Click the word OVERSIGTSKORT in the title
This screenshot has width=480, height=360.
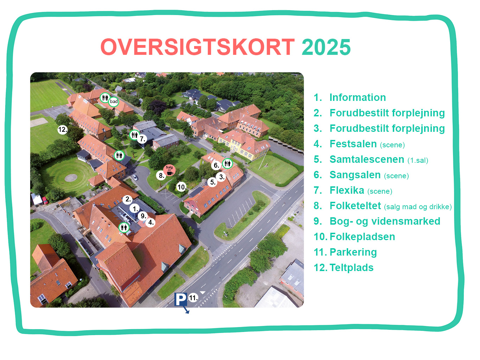pyautogui.click(x=198, y=47)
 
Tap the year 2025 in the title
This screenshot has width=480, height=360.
pyautogui.click(x=326, y=47)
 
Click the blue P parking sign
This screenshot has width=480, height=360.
pyautogui.click(x=181, y=299)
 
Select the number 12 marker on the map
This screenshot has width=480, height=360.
pyautogui.click(x=63, y=130)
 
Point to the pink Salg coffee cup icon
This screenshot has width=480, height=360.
pyautogui.click(x=169, y=170)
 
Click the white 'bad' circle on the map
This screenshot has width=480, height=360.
pyautogui.click(x=114, y=102)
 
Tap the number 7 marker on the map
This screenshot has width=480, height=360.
pyautogui.click(x=142, y=139)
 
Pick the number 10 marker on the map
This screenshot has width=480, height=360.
pyautogui.click(x=181, y=187)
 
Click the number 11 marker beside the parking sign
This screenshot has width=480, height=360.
pyautogui.click(x=193, y=298)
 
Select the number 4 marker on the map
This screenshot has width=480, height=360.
pyautogui.click(x=151, y=223)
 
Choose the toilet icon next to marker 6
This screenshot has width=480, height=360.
pyautogui.click(x=228, y=163)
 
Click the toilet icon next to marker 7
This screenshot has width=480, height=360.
pyautogui.click(x=134, y=135)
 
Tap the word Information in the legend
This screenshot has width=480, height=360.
pyautogui.click(x=358, y=97)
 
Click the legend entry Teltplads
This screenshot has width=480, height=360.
pyautogui.click(x=351, y=268)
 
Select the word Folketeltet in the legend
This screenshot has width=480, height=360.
pyautogui.click(x=355, y=206)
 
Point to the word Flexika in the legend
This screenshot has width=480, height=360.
pyautogui.click(x=347, y=190)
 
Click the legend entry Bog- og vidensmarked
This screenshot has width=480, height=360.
pyautogui.click(x=385, y=221)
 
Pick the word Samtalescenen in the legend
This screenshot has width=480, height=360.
pyautogui.click(x=367, y=159)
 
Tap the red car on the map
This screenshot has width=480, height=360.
pyautogui.click(x=45, y=200)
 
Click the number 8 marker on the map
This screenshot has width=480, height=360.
pyautogui.click(x=161, y=175)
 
